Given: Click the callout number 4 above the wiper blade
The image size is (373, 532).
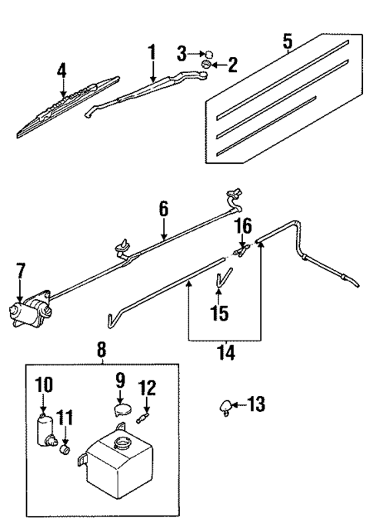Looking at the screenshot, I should coord(62,72).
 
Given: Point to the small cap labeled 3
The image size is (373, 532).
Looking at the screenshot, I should coord(208,55).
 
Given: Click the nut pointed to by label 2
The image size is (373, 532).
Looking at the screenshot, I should coord(206,74).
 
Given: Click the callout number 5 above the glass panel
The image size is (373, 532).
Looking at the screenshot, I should coord(288,41).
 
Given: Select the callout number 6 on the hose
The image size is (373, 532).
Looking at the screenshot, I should coord(163,208).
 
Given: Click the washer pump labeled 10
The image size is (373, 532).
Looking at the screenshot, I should coord(44,427).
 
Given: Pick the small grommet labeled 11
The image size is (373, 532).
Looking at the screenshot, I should coord(65,447).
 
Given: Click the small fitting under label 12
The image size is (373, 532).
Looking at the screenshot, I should coord(143,418).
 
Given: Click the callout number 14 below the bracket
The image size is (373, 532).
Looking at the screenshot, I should coord(226,354).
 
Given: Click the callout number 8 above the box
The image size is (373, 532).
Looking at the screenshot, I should coord(102,351).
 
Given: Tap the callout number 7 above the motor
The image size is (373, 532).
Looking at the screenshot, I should coord(21,271).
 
